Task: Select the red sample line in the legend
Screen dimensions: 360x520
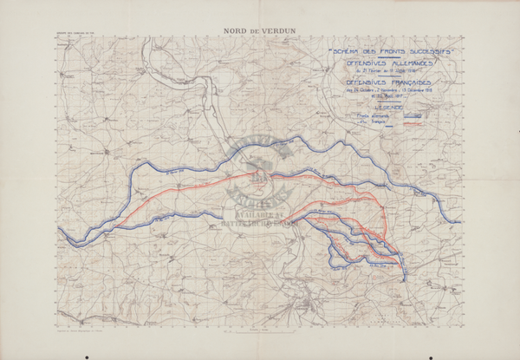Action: point(413,122)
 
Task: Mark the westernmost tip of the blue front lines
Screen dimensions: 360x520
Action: point(59,231)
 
